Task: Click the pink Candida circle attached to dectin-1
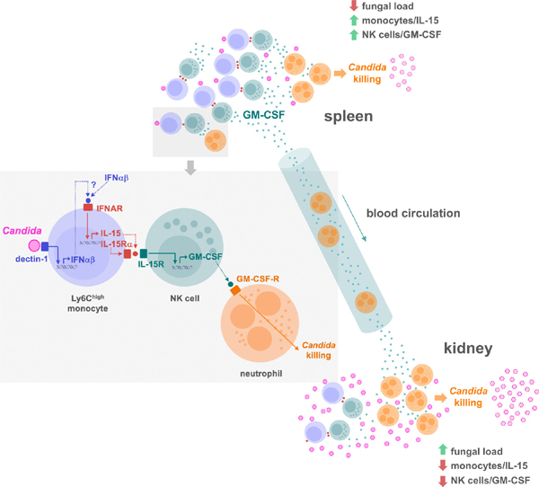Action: tap(33, 245)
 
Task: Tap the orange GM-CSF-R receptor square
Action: tap(235, 292)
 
